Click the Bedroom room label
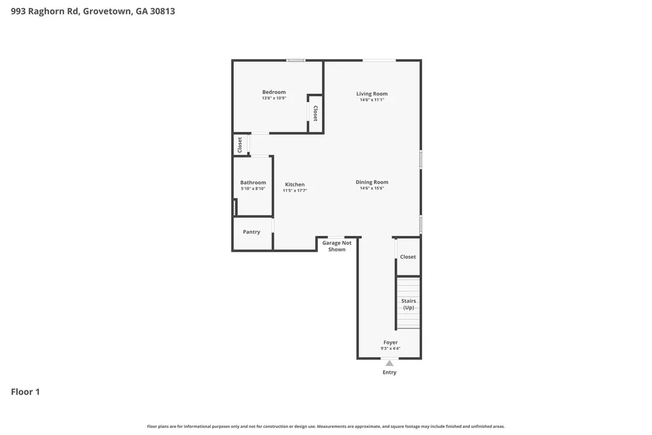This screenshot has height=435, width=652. tap(274, 92)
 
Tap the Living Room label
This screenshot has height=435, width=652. tap(372, 94)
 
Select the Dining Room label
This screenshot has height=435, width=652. tap(372, 182)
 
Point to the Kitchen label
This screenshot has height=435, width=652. tap(295, 184)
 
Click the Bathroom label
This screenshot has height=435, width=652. tap(253, 182)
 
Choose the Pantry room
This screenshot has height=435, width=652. tap(252, 232)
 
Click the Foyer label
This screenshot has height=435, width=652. tap(390, 343)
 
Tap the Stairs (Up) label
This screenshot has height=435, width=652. tap(408, 304)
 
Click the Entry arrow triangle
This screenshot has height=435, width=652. tap(389, 364)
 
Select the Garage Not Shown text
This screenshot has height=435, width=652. tap(337, 246)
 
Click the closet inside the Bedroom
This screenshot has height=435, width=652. tap(316, 114)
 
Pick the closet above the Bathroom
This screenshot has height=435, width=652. tap(240, 145)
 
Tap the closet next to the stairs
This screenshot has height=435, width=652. tap(408, 257)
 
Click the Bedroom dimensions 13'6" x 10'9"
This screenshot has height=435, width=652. tap(274, 98)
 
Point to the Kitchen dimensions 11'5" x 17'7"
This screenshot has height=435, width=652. tap(295, 191)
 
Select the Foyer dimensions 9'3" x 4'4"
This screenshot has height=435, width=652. tap(390, 349)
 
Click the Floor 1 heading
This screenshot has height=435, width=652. tap(25, 392)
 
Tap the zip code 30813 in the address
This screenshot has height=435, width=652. tap(162, 11)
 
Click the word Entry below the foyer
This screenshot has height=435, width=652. tap(389, 372)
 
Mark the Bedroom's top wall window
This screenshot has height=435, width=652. tap(295, 61)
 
